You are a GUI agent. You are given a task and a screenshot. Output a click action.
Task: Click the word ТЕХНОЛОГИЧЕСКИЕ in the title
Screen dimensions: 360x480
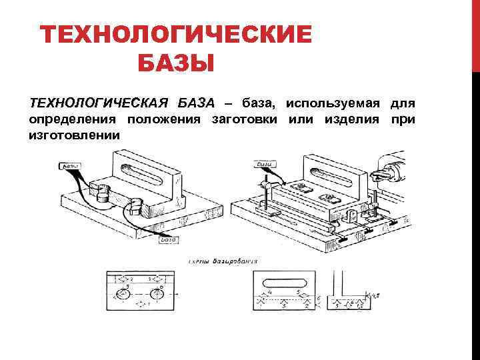click(175, 35)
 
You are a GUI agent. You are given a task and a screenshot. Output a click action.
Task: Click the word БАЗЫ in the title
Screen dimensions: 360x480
click(175, 64)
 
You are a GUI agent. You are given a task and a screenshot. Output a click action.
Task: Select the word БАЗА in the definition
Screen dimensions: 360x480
click(197, 103)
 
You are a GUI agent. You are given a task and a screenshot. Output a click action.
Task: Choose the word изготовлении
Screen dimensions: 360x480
click(74, 135)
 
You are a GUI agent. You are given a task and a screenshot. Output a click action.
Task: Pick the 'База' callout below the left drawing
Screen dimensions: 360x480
click(167, 240)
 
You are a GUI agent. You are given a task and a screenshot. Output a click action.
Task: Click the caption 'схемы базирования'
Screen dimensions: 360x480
click(224, 261)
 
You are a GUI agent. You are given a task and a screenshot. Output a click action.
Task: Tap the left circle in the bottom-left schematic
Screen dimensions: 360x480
click(124, 294)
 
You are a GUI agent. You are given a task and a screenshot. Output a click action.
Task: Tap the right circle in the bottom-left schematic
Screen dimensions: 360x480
click(158, 294)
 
